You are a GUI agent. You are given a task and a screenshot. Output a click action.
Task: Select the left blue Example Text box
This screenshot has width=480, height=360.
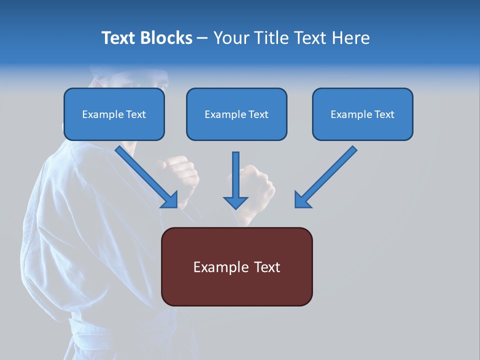coord(114,114)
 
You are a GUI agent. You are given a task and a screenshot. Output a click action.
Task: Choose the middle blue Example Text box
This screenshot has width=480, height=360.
coord(236,114)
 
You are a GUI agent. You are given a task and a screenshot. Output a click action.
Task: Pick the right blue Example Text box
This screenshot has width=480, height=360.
coord(362,114)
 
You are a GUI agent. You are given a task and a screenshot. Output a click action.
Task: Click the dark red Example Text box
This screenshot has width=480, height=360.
coord(236,266)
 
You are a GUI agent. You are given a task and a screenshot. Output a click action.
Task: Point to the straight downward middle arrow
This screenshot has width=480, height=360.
coord(235,177)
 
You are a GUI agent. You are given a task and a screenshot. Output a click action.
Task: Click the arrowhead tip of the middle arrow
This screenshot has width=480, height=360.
coord(235,207)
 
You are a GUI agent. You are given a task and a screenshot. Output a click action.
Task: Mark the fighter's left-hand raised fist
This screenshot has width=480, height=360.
coord(177,172)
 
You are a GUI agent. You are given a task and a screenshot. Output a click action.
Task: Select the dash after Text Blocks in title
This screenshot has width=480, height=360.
coord(202,38)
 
